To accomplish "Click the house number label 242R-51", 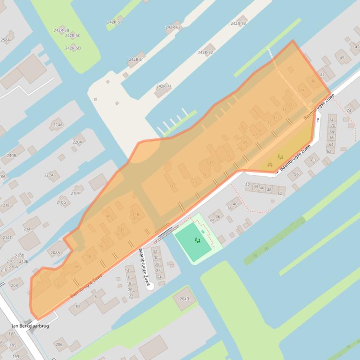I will coord(114,22).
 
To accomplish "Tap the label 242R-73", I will coord(238,23).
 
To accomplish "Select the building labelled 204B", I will coord(184,299).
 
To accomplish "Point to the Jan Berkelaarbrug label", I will coord(30,326).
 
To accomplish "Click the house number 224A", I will coord(58,125).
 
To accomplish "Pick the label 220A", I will coord(77,142).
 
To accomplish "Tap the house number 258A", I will coord(5,40).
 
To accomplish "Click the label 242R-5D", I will coord(73,48).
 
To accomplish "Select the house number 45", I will coord(342,58).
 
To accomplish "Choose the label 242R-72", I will coord(205,52).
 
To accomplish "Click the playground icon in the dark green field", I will coord(198,241).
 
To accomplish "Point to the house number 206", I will coord(59,345).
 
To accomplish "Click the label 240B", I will coord(11,155).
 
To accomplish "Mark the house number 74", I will coord(348,110).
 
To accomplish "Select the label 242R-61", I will coord(136,59).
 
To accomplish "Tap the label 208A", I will coord(55,252).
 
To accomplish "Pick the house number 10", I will coord(77,306).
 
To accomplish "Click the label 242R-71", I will coord(163,86).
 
